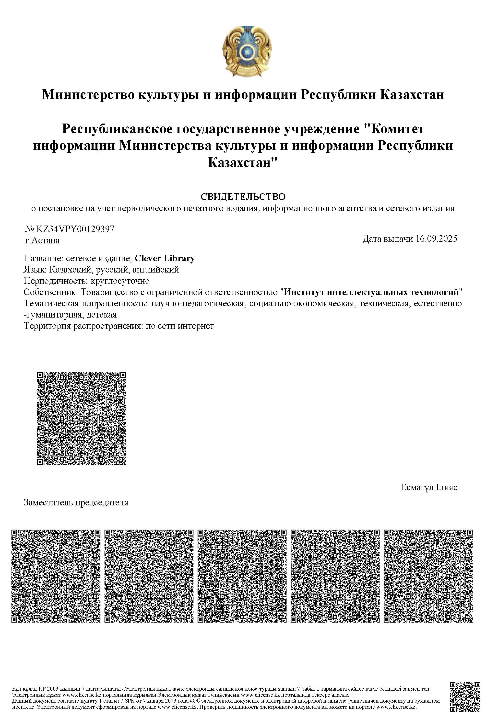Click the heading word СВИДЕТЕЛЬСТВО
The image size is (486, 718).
(x=243, y=196)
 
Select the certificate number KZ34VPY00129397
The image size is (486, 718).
(x=75, y=229)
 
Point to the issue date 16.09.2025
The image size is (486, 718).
(x=436, y=239)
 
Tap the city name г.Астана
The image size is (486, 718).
(x=42, y=240)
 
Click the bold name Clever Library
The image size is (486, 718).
(x=165, y=258)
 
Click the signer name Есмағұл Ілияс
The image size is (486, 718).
(x=428, y=487)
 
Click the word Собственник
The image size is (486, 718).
(x=51, y=292)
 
